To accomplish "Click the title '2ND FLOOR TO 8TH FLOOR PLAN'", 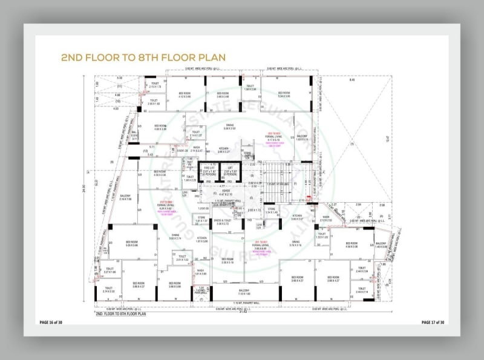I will [x=143, y=57].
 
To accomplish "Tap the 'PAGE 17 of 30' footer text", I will [x=433, y=322].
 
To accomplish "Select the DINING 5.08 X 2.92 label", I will [x=229, y=127].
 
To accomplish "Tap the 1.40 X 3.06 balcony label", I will [x=381, y=246].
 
